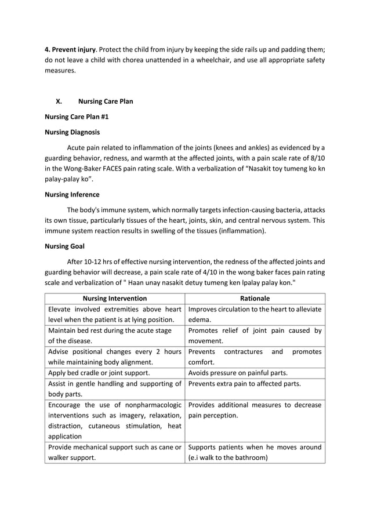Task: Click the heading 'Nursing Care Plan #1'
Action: (x=77, y=117)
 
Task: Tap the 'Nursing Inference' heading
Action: (x=72, y=194)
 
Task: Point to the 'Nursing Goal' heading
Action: (x=64, y=246)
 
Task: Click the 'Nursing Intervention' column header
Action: (x=114, y=299)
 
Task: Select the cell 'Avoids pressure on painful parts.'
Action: (x=238, y=372)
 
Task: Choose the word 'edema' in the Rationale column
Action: (x=198, y=319)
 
